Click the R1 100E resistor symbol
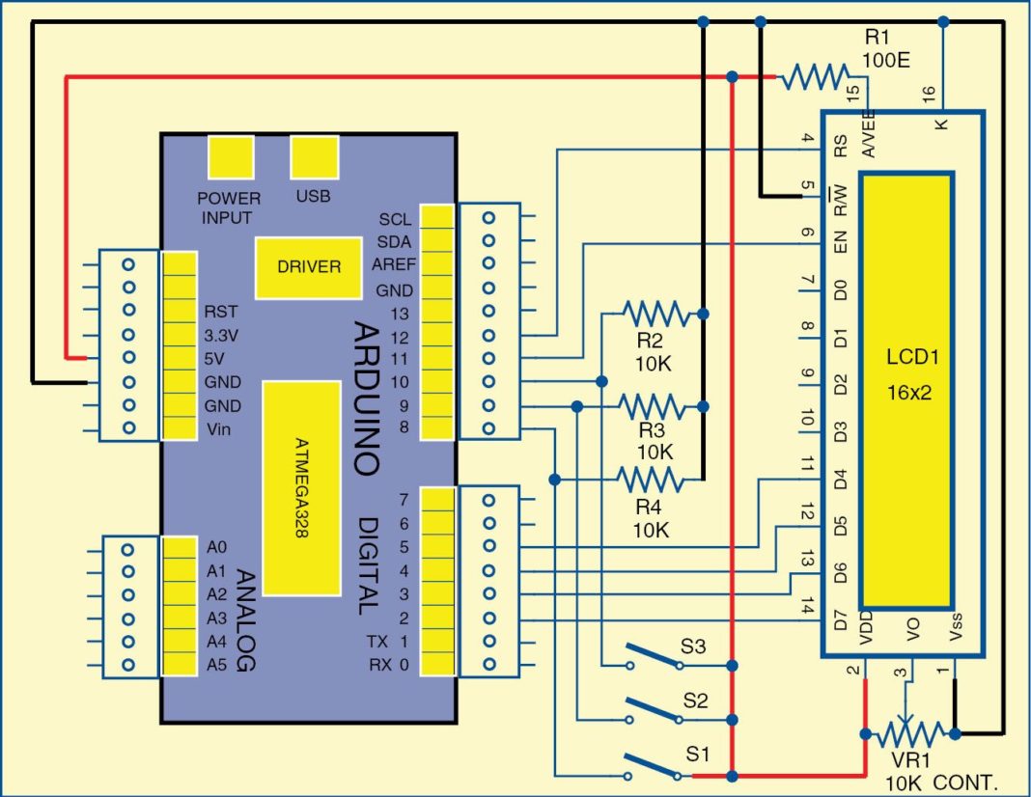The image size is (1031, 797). (x=816, y=76)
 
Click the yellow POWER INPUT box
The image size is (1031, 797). (x=232, y=158)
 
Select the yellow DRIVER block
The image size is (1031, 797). (x=309, y=266)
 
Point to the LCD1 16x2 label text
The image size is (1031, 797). (x=906, y=376)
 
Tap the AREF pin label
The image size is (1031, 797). (x=392, y=264)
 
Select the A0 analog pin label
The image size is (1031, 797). (x=216, y=546)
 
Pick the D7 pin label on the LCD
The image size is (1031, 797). (x=840, y=618)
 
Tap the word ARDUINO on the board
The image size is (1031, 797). (x=365, y=396)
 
